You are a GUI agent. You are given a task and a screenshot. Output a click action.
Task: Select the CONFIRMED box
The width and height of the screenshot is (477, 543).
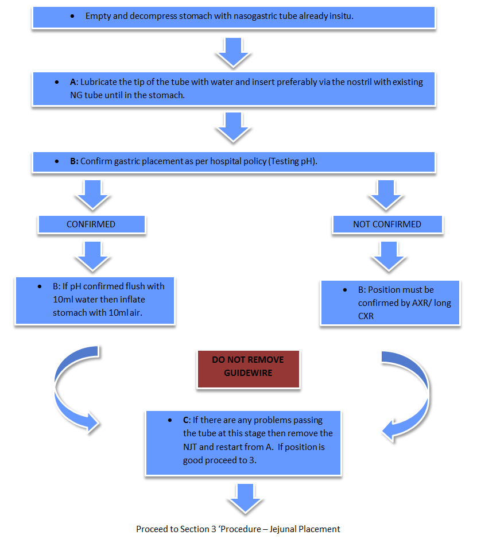coord(91,224)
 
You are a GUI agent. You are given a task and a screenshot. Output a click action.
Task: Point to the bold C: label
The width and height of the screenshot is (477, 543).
coord(178,421)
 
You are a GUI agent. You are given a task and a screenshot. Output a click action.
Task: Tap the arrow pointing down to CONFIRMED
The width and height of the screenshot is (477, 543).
coord(92,195)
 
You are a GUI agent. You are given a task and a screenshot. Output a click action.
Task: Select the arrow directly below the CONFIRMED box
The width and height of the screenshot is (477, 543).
coord(92,255)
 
